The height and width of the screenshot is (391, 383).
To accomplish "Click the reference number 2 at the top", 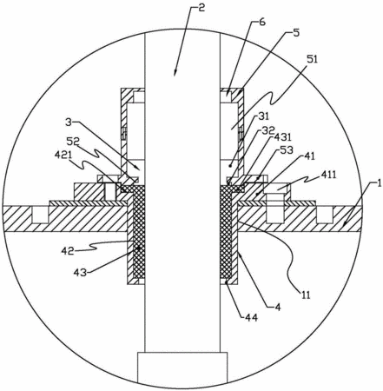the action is point(201,8).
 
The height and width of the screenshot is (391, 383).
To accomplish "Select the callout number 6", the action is point(261,22).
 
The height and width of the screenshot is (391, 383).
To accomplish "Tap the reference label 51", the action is point(312,60).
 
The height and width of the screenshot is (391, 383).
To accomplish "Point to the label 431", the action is point(284,137).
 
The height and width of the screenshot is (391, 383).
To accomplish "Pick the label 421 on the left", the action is point(63,156).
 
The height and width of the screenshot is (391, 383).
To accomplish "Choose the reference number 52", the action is point(73,142).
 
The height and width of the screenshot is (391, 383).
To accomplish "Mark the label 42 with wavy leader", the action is point(68,250).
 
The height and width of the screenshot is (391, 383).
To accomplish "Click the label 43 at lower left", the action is point(80,272).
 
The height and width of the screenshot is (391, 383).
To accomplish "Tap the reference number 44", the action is point(251,318).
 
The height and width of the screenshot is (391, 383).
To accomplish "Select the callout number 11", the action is point(305,295).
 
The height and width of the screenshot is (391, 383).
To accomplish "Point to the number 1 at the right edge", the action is point(379,183).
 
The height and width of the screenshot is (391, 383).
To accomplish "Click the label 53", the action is point(287,150).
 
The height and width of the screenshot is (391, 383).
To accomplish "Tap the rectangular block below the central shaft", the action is point(182,368).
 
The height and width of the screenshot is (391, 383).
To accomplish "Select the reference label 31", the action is point(263,116).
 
